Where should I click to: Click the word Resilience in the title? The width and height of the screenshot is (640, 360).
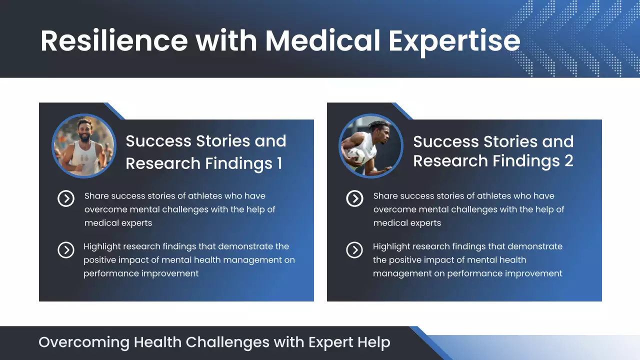114,41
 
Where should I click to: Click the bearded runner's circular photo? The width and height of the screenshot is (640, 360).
84,145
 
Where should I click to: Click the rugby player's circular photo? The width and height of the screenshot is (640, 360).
371,145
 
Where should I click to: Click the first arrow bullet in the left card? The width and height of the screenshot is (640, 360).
66,198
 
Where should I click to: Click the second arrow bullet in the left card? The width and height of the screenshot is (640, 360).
66,249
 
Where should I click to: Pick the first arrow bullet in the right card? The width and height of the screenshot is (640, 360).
354,198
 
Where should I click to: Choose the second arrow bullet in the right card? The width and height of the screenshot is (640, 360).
354,249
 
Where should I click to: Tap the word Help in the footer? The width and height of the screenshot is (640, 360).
373,342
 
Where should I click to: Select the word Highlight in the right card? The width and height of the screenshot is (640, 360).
391,246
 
